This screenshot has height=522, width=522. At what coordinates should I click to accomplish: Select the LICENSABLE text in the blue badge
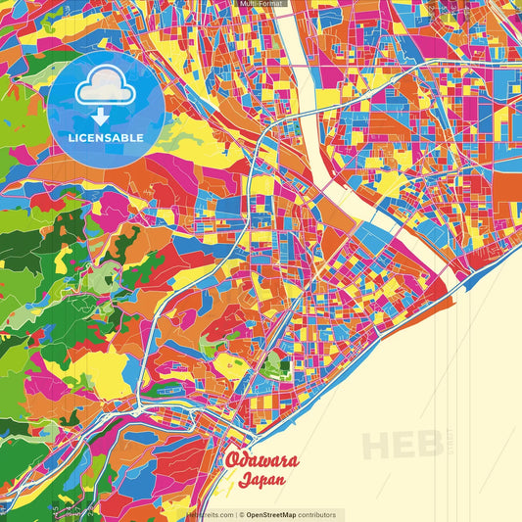pos(106,137)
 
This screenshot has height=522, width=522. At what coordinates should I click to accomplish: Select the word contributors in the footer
pos(316,515)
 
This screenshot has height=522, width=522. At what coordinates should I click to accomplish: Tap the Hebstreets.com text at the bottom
pos(210,515)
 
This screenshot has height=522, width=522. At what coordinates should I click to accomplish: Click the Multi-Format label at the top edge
pos(261,4)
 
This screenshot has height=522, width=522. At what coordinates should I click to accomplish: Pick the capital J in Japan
pos(242,482)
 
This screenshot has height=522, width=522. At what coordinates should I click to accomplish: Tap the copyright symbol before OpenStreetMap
pos(241,515)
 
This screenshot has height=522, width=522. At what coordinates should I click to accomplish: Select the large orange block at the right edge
pos(506,186)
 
